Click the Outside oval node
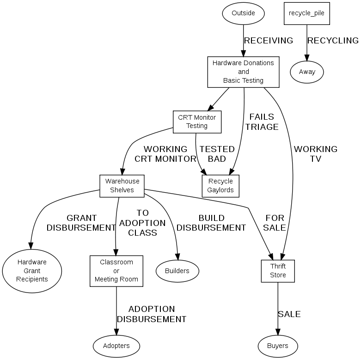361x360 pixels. (243, 13)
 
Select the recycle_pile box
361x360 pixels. (306, 13)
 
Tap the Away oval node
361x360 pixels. (306, 72)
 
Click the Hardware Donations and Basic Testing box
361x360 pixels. (243, 72)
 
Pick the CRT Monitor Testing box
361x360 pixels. (197, 122)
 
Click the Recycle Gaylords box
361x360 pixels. (220, 185)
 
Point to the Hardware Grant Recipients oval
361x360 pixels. (32, 271)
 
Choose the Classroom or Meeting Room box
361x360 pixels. (116, 271)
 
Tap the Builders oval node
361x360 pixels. (177, 271)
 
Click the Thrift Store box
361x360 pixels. (278, 271)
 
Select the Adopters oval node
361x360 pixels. (116, 346)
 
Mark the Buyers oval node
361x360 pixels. (278, 346)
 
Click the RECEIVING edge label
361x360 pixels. (269, 41)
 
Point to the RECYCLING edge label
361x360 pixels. (333, 41)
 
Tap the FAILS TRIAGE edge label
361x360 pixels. (262, 122)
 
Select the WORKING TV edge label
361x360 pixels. (316, 154)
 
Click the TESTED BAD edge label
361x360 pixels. (217, 154)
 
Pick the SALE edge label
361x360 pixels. (289, 314)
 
